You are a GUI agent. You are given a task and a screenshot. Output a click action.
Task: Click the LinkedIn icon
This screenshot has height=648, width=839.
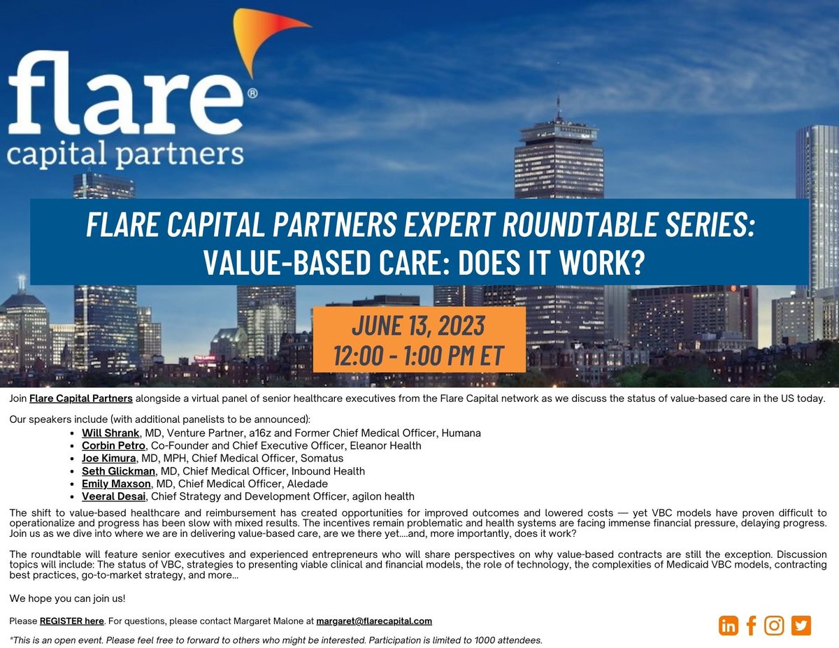(x=729, y=625)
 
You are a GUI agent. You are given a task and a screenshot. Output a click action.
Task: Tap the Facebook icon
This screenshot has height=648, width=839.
(x=752, y=625)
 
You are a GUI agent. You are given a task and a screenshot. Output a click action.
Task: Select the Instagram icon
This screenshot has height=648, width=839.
(x=774, y=625)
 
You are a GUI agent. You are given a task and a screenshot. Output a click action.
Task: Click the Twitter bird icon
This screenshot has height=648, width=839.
(x=801, y=625)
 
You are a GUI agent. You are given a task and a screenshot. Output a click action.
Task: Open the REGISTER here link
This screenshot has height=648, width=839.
(x=71, y=621)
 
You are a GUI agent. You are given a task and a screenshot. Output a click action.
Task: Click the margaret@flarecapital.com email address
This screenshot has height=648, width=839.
(x=374, y=621)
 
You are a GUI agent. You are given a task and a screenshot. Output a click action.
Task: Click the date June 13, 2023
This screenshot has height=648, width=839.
(x=418, y=326)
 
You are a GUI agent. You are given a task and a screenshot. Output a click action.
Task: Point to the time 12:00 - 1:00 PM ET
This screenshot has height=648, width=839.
(x=418, y=355)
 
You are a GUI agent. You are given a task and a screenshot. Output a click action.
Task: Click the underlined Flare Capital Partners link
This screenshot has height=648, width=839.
(x=81, y=398)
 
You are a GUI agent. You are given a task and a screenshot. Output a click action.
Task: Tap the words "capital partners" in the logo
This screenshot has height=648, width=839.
(x=126, y=154)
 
